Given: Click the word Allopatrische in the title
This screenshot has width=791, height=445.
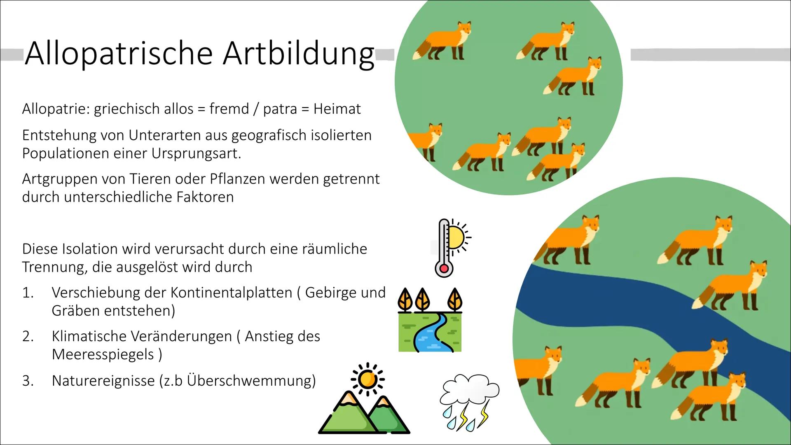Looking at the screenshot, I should [119, 54].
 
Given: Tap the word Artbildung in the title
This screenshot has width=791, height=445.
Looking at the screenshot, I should [299, 54].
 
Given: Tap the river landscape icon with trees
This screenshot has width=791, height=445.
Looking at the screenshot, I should [430, 320].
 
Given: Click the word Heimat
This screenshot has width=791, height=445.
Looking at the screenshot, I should [337, 109].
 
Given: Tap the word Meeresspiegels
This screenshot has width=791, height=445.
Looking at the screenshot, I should [103, 354].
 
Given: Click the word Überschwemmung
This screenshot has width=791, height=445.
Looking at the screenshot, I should [251, 380].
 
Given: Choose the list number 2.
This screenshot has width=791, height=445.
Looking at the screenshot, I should [28, 337].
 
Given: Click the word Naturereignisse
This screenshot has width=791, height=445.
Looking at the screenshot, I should [103, 381].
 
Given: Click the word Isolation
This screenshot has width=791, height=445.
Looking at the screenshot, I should [89, 249].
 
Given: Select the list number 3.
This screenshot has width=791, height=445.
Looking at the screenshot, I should [28, 381].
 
